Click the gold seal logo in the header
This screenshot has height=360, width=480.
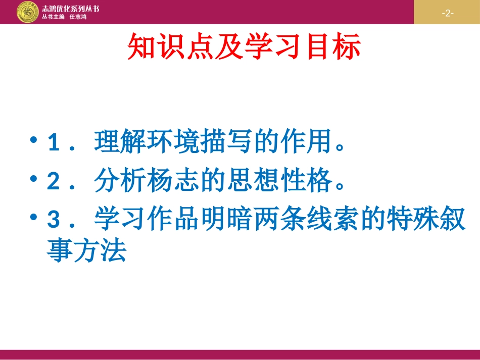click(x=27, y=12)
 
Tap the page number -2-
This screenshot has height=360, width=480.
click(x=447, y=13)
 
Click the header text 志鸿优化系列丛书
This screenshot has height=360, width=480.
click(x=70, y=9)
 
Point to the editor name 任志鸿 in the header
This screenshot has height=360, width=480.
click(x=78, y=17)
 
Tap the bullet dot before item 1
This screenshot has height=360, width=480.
click(x=34, y=140)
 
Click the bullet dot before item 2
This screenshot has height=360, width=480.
click(x=34, y=179)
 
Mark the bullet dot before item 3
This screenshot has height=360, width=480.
click(x=34, y=217)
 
